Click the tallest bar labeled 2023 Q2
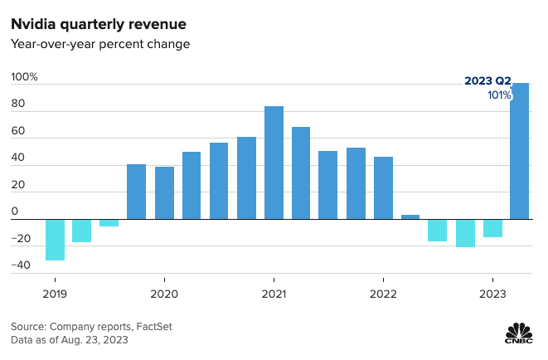click(x=520, y=151)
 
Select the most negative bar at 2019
click(x=55, y=240)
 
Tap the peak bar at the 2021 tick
click(x=274, y=163)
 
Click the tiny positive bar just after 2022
click(x=410, y=216)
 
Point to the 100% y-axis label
click(x=25, y=77)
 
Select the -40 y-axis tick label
click(x=21, y=265)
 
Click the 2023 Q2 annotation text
click(x=487, y=81)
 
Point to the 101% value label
click(x=498, y=95)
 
